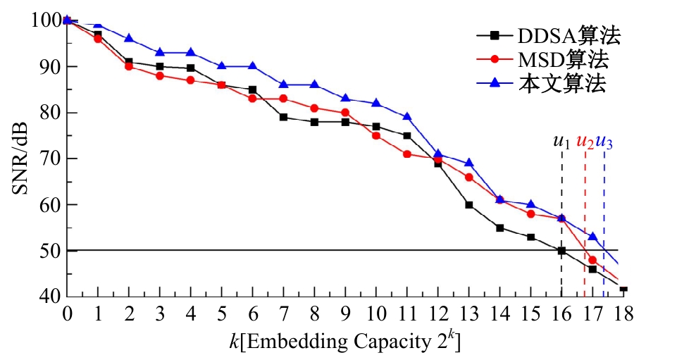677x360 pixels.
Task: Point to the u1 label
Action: tap(561, 142)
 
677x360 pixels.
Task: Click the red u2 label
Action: tap(585, 142)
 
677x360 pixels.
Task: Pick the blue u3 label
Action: tap(604, 142)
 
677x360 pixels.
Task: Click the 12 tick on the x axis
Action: tap(438, 312)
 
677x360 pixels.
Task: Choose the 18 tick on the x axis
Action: tap(623, 312)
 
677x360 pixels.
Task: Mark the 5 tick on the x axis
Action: tap(222, 312)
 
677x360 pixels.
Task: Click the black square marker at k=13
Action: tap(469, 205)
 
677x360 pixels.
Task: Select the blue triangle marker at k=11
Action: tap(407, 117)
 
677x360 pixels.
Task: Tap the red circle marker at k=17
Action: tap(592, 260)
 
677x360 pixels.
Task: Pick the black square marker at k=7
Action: tap(284, 117)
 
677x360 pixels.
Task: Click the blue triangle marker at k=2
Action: tap(129, 38)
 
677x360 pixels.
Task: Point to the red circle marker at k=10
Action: tap(376, 135)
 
